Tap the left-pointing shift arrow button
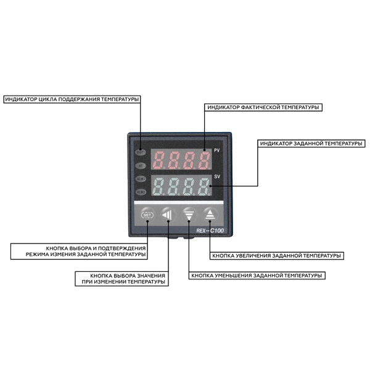click(168, 215)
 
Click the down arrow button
click(189, 215)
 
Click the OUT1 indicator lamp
click(141, 152)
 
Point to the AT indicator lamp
click(141, 165)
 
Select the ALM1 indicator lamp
click(141, 179)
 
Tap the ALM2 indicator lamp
click(141, 192)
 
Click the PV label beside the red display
click(217, 151)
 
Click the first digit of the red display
click(159, 160)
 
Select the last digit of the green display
click(203, 186)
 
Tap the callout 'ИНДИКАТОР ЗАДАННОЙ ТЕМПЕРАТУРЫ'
click(311, 143)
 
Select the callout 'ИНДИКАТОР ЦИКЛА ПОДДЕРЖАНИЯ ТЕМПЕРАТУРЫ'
click(72, 99)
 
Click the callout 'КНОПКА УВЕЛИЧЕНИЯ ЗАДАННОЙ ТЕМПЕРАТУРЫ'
click(276, 255)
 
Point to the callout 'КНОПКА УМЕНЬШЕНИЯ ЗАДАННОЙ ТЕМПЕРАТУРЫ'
click(256, 276)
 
